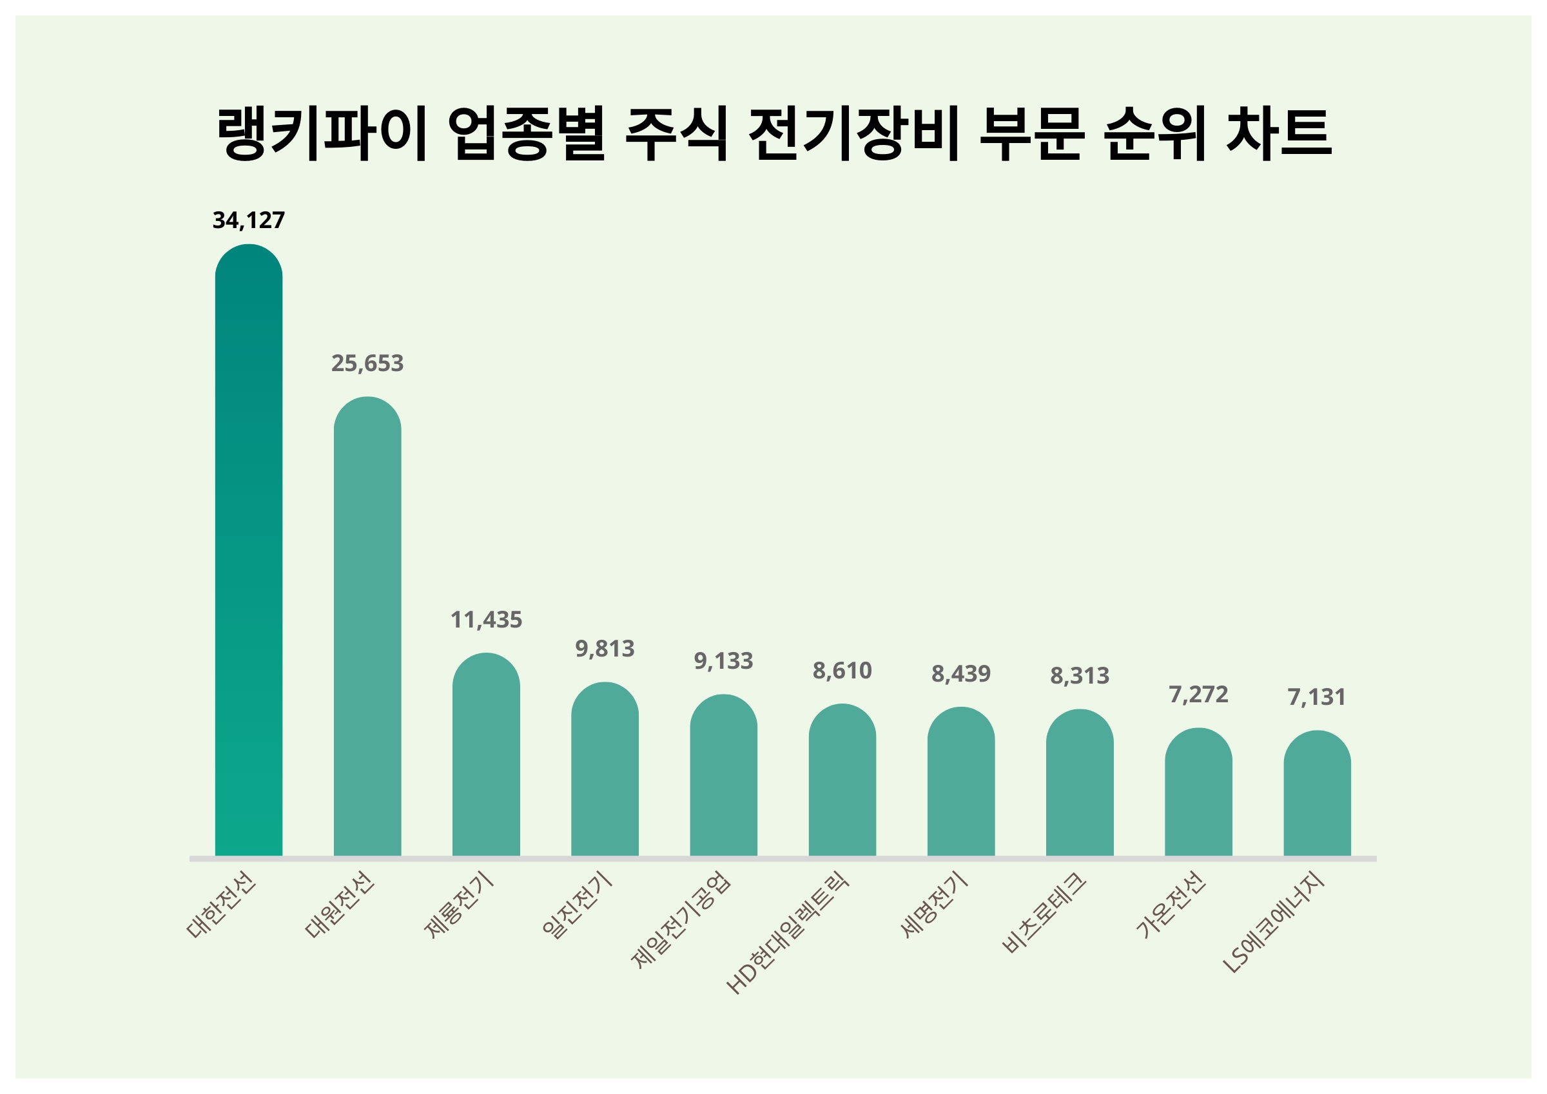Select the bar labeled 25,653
367,626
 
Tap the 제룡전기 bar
486,754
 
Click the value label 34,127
249,220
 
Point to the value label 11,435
486,620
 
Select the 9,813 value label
605,649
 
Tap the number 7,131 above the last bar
1317,697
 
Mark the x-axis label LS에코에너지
1273,922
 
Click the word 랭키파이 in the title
322,133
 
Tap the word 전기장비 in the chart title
853,133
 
